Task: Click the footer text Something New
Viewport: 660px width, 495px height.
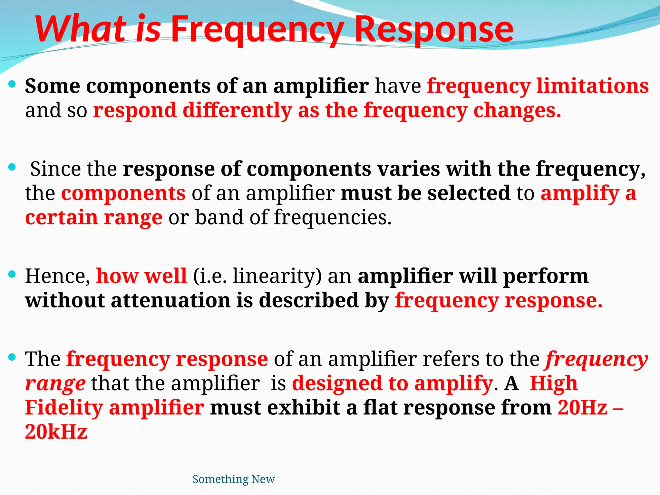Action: pyautogui.click(x=233, y=479)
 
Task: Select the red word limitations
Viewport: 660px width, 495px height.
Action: pyautogui.click(x=592, y=86)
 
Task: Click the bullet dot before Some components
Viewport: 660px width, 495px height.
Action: pyautogui.click(x=12, y=85)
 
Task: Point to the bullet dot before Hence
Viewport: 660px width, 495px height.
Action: pyautogui.click(x=12, y=275)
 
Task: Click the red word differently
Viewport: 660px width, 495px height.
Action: pyautogui.click(x=237, y=110)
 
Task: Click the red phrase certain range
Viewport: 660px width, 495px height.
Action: pyautogui.click(x=93, y=218)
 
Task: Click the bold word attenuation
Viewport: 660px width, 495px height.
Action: pyautogui.click(x=170, y=300)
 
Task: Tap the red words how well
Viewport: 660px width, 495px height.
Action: pyautogui.click(x=141, y=276)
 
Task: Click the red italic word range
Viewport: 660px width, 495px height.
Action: pyautogui.click(x=55, y=384)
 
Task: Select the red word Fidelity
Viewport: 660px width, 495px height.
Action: pyautogui.click(x=64, y=408)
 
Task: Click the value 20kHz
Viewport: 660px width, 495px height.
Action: pyautogui.click(x=56, y=432)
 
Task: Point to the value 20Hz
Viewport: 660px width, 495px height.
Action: pyautogui.click(x=582, y=408)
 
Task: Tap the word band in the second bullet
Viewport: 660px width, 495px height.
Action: pyautogui.click(x=219, y=218)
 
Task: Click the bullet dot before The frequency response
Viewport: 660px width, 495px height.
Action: pyautogui.click(x=12, y=357)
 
